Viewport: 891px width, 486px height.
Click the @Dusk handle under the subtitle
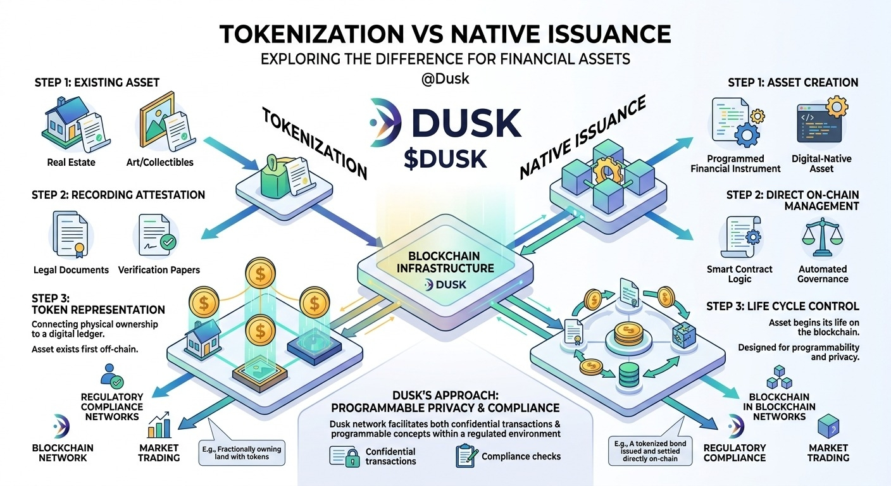click(445, 78)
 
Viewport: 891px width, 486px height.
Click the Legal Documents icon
click(70, 234)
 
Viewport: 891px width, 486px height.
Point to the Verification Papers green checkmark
click(168, 241)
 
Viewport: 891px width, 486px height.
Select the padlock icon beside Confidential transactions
click(352, 458)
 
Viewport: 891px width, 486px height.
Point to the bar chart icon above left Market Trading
click(159, 425)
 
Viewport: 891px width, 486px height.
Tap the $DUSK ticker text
click(445, 159)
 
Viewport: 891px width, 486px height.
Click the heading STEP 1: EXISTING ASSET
click(97, 82)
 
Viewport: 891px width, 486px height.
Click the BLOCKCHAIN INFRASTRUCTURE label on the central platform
click(445, 262)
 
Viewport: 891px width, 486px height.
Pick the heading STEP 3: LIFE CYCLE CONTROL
click(782, 306)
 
